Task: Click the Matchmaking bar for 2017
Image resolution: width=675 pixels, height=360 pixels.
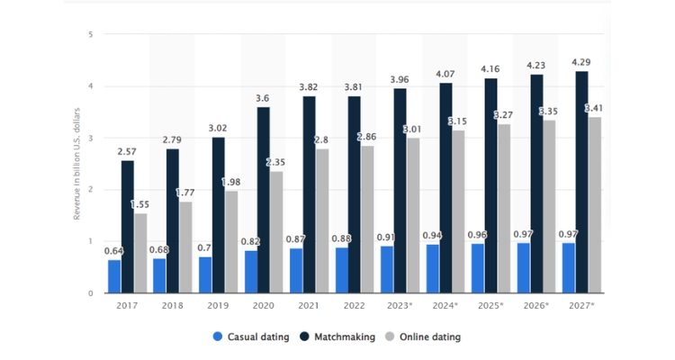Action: [128, 227]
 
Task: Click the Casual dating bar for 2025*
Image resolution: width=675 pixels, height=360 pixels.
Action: [476, 268]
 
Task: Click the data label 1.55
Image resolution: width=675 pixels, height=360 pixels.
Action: [140, 205]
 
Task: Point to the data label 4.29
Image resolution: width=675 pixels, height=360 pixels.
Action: [581, 62]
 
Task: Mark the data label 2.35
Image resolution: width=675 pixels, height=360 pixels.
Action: [275, 163]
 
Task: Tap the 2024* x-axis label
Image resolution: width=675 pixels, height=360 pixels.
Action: [445, 306]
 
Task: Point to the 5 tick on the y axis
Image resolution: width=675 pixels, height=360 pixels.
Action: [90, 35]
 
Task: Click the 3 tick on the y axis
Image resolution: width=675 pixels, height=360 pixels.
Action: [90, 139]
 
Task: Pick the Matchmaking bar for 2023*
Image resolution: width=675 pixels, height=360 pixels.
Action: [399, 191]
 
